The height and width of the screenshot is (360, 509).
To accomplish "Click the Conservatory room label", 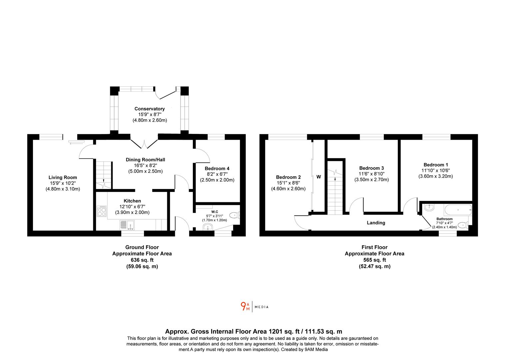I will [x=150, y=109].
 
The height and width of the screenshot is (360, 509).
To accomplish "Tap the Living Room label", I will [x=63, y=177].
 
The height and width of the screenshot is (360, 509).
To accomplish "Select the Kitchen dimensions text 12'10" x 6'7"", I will [x=132, y=207].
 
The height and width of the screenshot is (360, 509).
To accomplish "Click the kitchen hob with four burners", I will [x=102, y=211].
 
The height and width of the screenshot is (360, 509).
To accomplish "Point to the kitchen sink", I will [x=127, y=225].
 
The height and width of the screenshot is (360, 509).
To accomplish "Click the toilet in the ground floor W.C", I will [x=235, y=215].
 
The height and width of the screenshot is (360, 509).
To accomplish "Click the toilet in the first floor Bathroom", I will [x=463, y=225].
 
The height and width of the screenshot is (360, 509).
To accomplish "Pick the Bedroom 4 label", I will [x=217, y=168].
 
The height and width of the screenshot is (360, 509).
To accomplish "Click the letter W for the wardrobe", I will [x=319, y=177].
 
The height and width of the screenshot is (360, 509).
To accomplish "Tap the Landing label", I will [x=376, y=223].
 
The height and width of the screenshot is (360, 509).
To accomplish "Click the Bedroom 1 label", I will [x=436, y=165].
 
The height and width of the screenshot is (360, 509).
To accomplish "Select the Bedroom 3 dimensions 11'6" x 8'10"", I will [x=371, y=174].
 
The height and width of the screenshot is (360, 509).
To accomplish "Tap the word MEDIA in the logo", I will [x=261, y=307].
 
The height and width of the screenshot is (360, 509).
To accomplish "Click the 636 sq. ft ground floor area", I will [x=142, y=260].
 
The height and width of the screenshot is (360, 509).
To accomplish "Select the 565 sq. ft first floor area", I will [x=374, y=260].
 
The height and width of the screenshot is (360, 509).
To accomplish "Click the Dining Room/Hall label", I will [x=145, y=160].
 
